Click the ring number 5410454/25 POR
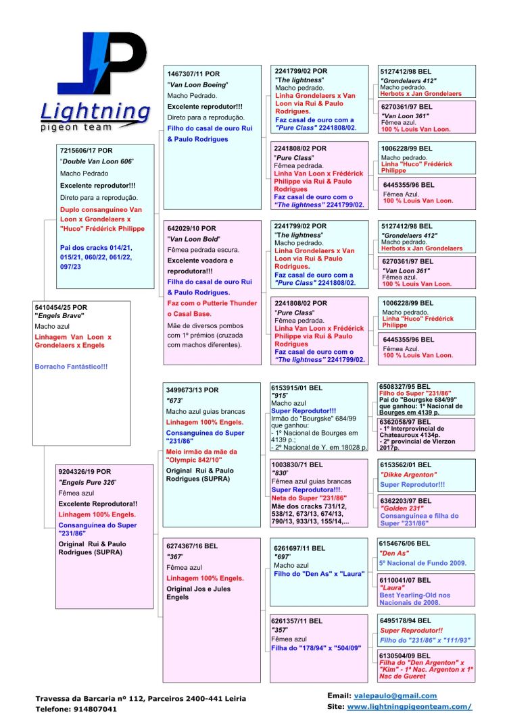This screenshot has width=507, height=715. point(61,307)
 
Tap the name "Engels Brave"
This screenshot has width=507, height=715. point(59,316)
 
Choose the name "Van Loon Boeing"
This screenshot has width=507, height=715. point(197,84)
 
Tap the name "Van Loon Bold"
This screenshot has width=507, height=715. point(193,239)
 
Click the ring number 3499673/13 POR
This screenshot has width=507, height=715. point(193,390)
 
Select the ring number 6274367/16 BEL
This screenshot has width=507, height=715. point(192,545)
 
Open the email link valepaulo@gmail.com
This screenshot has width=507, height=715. point(395,695)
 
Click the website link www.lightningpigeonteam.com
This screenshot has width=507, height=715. point(409,706)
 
